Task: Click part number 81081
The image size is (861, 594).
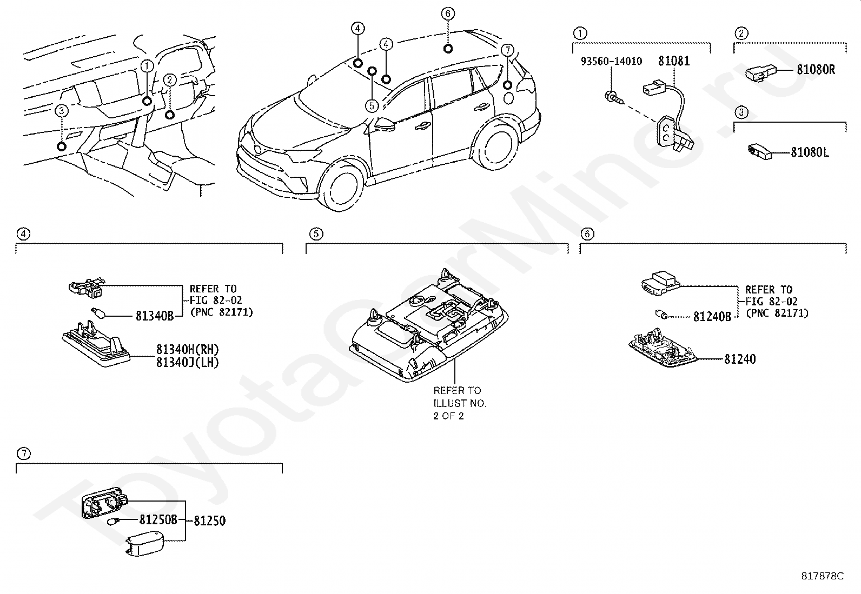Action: coord(673,61)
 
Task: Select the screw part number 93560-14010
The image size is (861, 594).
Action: coord(611,62)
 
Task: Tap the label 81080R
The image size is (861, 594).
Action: coord(816,70)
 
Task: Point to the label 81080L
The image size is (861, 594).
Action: coord(810,152)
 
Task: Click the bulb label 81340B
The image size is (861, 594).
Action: coord(154,316)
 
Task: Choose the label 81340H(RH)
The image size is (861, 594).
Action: coord(188,349)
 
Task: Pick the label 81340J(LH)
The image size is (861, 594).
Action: coord(188,363)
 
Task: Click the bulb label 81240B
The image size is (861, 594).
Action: coord(712,317)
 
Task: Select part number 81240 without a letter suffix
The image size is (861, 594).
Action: coord(740,359)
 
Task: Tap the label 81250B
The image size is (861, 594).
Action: coord(158,520)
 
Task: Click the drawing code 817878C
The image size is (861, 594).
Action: coord(822,576)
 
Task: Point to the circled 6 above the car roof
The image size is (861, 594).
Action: coord(448,14)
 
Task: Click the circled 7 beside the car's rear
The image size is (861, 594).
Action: coord(506,50)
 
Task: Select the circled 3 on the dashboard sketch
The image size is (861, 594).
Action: coord(62,111)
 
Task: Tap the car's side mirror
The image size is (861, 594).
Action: coord(385,124)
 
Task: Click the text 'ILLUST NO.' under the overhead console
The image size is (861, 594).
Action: coord(459,403)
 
